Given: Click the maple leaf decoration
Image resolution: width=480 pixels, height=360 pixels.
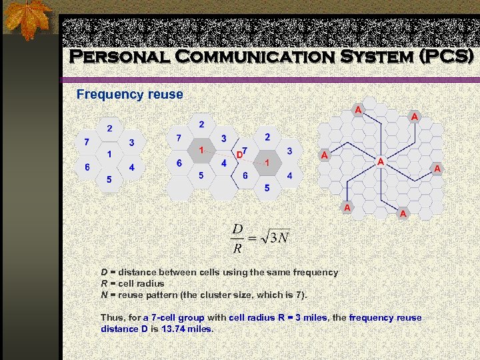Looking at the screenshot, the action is coord(27,20).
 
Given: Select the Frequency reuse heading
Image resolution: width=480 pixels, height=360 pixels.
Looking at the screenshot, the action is coord(129,95).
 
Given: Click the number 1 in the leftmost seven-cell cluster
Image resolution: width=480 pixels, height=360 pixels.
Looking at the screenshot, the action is coord(109,154).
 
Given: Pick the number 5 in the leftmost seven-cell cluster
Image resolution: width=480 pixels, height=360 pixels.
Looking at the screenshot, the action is coord(109,179).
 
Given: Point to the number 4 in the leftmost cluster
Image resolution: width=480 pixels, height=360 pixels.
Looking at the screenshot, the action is coord(131,167).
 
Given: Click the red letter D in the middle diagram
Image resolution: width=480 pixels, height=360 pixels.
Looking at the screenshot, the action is coord(239,155).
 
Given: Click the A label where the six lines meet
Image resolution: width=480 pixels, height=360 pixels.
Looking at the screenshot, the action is coord(380,162).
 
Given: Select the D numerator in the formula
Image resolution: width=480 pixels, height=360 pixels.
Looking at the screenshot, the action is coord(237,229).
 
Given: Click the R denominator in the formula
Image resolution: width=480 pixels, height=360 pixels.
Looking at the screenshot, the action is coord(237,249).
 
